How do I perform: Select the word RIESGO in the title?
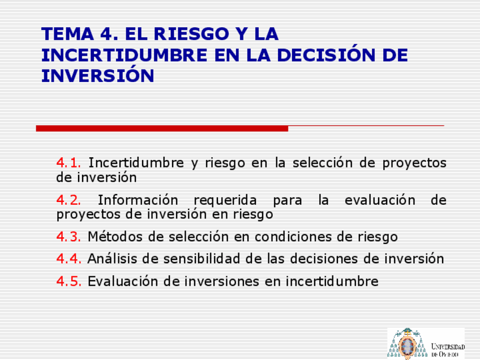pos(192,33)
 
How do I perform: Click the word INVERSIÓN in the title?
pos(98,74)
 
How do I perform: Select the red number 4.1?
pos(68,162)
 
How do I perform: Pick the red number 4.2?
pos(68,200)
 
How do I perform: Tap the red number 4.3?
pos(68,237)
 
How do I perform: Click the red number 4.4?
pos(69,259)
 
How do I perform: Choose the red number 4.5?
pos(69,281)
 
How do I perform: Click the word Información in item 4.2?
pos(138,200)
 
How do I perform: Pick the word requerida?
pos(225,201)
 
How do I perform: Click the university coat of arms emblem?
pos(408,344)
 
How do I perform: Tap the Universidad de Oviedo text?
pos(448,350)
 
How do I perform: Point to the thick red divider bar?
pos(162,128)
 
